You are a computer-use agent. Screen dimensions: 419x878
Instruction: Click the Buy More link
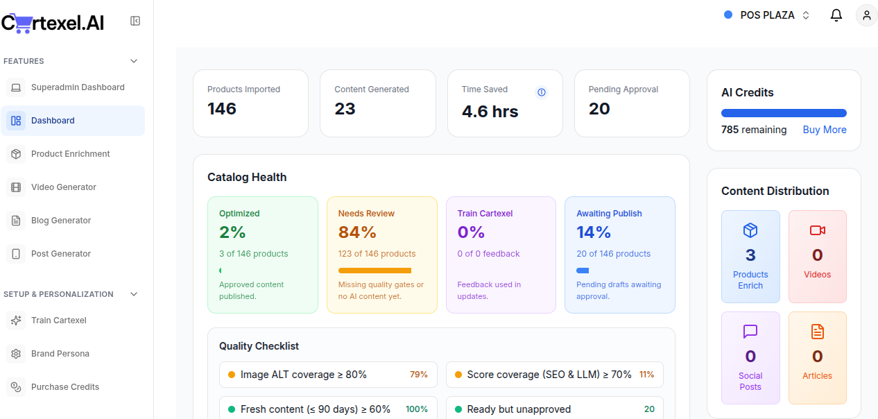tap(824, 130)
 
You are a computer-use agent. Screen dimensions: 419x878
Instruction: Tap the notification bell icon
tap(836, 15)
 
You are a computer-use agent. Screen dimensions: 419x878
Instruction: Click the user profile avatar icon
tap(866, 15)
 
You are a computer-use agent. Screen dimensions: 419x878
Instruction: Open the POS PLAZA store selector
tap(767, 15)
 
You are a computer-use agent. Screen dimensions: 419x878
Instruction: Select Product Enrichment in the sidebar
tap(70, 154)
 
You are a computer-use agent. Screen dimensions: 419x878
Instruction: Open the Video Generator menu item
tap(63, 187)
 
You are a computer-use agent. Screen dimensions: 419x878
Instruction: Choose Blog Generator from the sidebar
tap(61, 221)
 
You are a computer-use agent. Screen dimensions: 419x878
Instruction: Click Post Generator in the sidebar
tap(61, 254)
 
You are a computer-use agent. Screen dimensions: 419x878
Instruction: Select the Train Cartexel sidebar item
tap(59, 320)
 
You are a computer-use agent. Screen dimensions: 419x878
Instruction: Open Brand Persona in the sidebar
tap(60, 354)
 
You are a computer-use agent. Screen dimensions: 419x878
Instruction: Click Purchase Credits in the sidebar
tap(65, 387)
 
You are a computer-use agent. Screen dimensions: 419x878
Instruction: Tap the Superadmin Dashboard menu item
tap(78, 87)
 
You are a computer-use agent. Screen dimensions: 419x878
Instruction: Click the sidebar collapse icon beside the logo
tap(135, 22)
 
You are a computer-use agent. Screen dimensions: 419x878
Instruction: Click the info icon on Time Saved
tap(542, 92)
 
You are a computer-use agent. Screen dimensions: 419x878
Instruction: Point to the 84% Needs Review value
tap(357, 232)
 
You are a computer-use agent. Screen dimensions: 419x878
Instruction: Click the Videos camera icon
tap(817, 230)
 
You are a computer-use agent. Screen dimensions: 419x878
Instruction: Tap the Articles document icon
tap(817, 332)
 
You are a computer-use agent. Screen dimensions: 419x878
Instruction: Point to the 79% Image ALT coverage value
tap(418, 375)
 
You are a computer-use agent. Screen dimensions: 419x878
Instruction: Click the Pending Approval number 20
tap(599, 109)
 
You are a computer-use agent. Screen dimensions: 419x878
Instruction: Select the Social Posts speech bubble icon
tap(750, 332)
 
